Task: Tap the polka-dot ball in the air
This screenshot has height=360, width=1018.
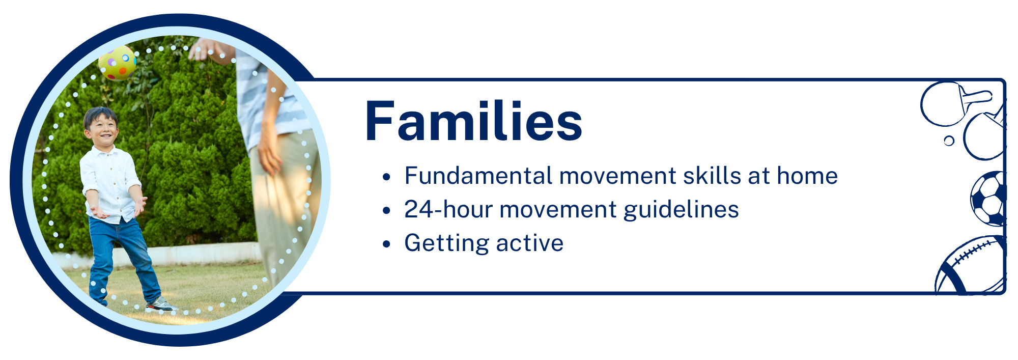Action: click(118, 63)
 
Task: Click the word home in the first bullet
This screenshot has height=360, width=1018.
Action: click(807, 176)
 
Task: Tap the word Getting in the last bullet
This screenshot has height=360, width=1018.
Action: click(446, 243)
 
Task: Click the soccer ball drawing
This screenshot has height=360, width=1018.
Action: click(988, 199)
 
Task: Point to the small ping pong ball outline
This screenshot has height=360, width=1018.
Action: click(949, 141)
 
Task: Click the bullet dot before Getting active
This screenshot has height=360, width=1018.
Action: click(386, 244)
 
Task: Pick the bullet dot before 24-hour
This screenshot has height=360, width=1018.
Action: click(386, 210)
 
